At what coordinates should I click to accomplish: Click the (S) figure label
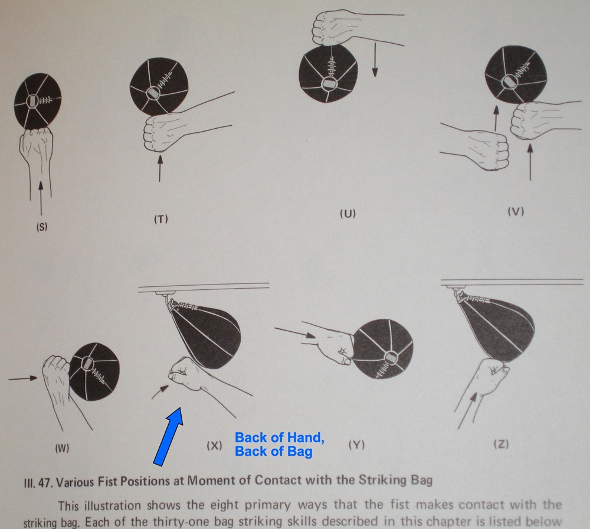click(x=42, y=227)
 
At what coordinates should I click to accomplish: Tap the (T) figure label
click(x=160, y=219)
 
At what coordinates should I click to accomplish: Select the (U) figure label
click(x=348, y=214)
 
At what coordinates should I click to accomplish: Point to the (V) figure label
click(x=516, y=211)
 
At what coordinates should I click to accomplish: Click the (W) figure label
click(x=62, y=449)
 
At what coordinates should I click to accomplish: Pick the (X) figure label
click(x=215, y=446)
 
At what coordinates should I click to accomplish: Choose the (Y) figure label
click(x=357, y=445)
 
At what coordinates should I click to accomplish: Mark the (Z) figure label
click(x=501, y=445)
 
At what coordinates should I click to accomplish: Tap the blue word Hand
click(x=304, y=437)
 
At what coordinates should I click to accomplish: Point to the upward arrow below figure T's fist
click(x=160, y=169)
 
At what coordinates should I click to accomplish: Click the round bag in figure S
click(x=38, y=101)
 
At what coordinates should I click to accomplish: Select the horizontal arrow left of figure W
click(x=23, y=378)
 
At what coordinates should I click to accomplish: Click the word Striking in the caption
click(x=381, y=480)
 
